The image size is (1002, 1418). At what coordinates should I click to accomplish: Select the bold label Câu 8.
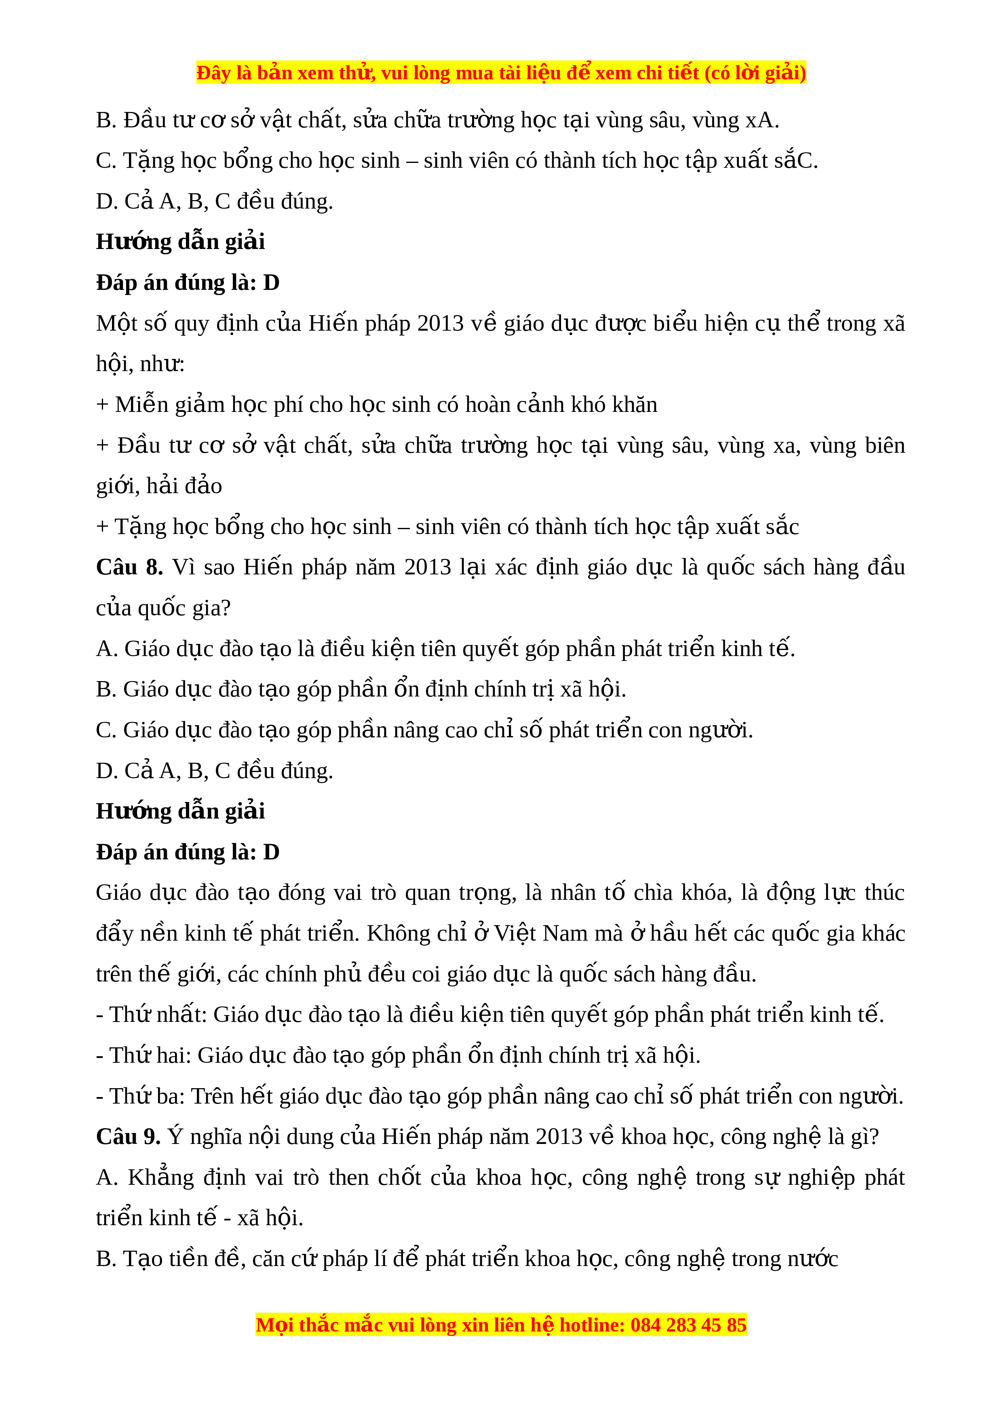[129, 568]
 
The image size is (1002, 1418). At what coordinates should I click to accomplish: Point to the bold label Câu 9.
[128, 1137]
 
